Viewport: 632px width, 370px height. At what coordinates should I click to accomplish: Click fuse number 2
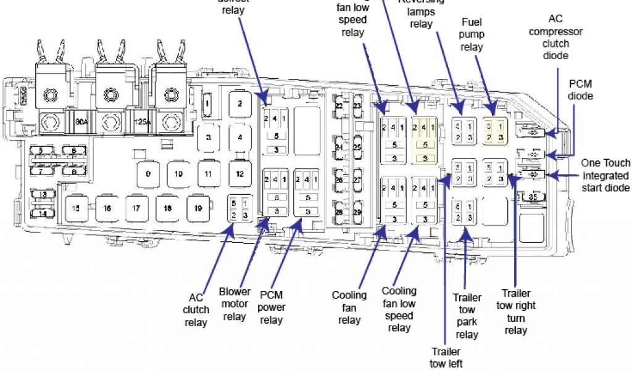(x=240, y=103)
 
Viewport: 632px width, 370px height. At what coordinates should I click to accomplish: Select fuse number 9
(x=148, y=174)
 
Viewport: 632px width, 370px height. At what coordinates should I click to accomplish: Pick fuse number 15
(x=76, y=208)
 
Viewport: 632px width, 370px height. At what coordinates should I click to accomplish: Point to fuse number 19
(x=197, y=208)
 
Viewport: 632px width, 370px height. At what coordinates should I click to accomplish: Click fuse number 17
(x=136, y=208)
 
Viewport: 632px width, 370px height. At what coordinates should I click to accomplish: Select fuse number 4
(x=240, y=137)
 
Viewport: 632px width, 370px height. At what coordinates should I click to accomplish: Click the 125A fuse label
(x=142, y=122)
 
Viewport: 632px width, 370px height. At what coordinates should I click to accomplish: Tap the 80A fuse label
(x=81, y=122)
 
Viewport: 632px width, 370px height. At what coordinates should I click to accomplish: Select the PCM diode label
(x=581, y=89)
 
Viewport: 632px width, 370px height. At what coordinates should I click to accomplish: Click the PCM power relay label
(x=272, y=307)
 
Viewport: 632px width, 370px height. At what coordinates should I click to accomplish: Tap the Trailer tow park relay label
(x=467, y=316)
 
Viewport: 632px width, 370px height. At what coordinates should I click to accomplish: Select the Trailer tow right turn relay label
(x=516, y=312)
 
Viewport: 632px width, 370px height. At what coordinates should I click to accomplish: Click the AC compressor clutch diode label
(x=555, y=37)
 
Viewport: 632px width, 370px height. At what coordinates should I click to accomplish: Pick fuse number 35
(x=533, y=197)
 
